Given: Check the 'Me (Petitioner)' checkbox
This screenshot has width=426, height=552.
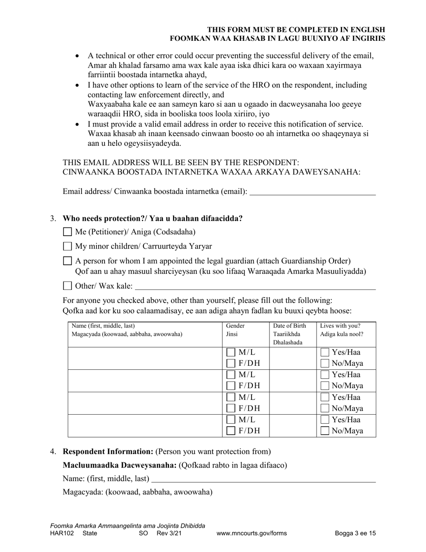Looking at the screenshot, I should tap(67, 232).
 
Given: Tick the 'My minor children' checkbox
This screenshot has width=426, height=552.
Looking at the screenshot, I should tap(67, 246).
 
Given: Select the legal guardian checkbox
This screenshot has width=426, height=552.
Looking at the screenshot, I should tap(67, 261).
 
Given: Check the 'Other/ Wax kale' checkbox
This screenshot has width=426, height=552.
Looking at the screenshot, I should tap(67, 286).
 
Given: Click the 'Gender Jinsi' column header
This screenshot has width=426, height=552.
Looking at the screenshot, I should tap(235, 330).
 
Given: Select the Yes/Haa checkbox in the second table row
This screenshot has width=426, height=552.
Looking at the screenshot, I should tap(325, 375).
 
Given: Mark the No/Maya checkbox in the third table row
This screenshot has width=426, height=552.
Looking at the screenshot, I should tap(325, 408).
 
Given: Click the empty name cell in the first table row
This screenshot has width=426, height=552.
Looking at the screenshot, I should tap(145, 358).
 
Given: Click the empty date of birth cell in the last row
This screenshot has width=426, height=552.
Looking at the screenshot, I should tap(292, 425).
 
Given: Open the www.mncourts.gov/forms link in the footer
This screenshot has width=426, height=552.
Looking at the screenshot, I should tap(251, 534).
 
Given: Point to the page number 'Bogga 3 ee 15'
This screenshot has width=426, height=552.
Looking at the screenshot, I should tap(355, 534).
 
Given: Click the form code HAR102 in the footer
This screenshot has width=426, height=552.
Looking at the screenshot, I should tap(61, 534).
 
